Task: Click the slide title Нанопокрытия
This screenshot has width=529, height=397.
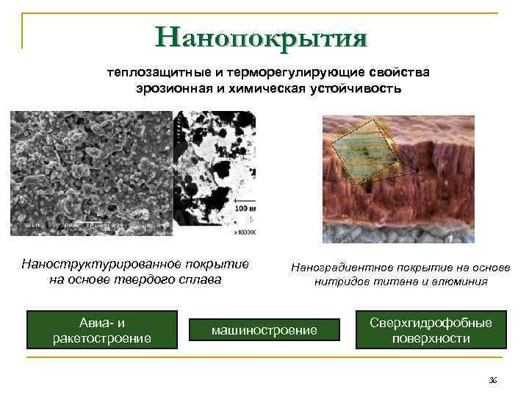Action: point(261,37)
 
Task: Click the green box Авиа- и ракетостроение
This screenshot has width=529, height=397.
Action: point(102,330)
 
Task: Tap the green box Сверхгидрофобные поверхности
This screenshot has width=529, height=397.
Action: point(431,330)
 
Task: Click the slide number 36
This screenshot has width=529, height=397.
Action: point(492,379)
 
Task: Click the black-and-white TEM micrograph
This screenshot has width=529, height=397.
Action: point(214,173)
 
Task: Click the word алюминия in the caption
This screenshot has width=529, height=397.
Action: point(461,282)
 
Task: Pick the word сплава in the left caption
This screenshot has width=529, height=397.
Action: point(200,279)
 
